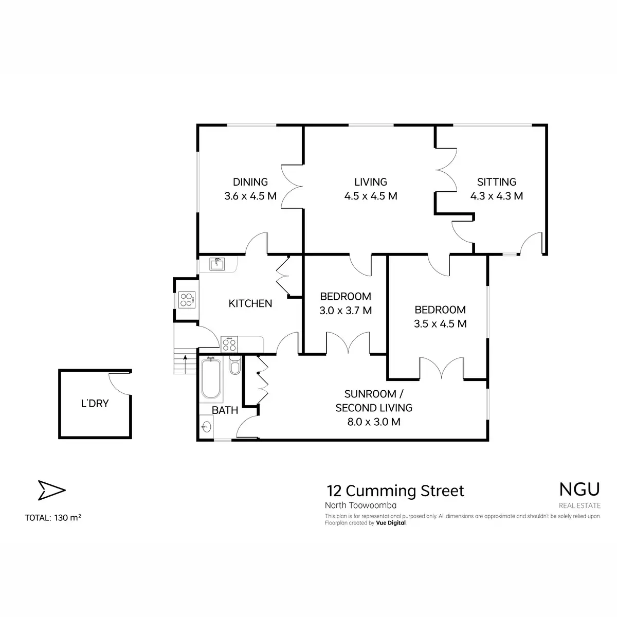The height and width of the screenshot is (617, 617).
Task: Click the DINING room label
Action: (x=250, y=182)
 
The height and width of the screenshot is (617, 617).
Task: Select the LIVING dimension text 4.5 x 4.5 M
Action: (x=370, y=196)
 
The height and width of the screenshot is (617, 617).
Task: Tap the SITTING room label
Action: (x=496, y=182)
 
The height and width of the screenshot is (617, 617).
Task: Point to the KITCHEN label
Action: (x=250, y=303)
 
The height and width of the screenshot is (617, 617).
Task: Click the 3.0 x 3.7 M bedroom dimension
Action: (x=346, y=310)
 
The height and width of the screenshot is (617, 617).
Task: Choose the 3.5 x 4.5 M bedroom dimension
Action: (x=440, y=324)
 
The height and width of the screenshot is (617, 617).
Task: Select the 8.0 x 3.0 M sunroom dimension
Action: (x=374, y=422)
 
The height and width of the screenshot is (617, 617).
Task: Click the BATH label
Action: (x=225, y=410)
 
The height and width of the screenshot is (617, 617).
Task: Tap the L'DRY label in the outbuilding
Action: (x=95, y=404)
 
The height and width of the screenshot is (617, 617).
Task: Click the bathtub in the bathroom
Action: (x=211, y=379)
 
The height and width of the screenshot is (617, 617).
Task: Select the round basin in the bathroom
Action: (x=207, y=426)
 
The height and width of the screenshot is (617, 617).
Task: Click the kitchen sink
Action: (x=217, y=264)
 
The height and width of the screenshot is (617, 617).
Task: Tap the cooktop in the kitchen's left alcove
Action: (x=187, y=300)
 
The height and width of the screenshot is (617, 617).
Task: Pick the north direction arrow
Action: (x=51, y=490)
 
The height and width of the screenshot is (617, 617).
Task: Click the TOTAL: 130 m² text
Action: (x=53, y=518)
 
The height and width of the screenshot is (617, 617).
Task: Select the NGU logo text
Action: (x=579, y=489)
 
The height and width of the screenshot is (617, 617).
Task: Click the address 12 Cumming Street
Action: (x=395, y=491)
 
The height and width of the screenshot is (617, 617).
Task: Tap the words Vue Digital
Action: (x=391, y=523)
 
